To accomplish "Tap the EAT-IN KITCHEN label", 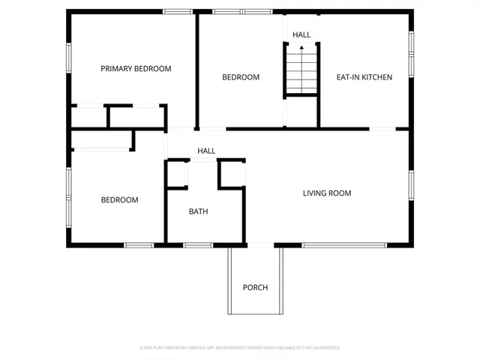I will pos(364,76).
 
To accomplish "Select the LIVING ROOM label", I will pos(327,193).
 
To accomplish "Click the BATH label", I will pos(198,211).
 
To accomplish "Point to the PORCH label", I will pos(255,287).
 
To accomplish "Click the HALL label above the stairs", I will pos(301,34).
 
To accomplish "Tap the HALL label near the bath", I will pos(206,151).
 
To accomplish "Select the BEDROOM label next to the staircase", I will pos(241,77).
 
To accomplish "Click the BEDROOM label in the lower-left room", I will pos(120,199).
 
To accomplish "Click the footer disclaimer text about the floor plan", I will pos(240,348).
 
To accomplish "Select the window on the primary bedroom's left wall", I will pos(69,58).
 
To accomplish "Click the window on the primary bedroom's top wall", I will pos(177,11).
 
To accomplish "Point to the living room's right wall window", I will pos(411,185).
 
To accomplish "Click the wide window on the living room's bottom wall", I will pos(344,245).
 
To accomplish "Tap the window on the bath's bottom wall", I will pos(198,245).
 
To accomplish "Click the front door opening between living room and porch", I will pos(260,245).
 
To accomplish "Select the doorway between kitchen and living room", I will pos(382,129).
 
